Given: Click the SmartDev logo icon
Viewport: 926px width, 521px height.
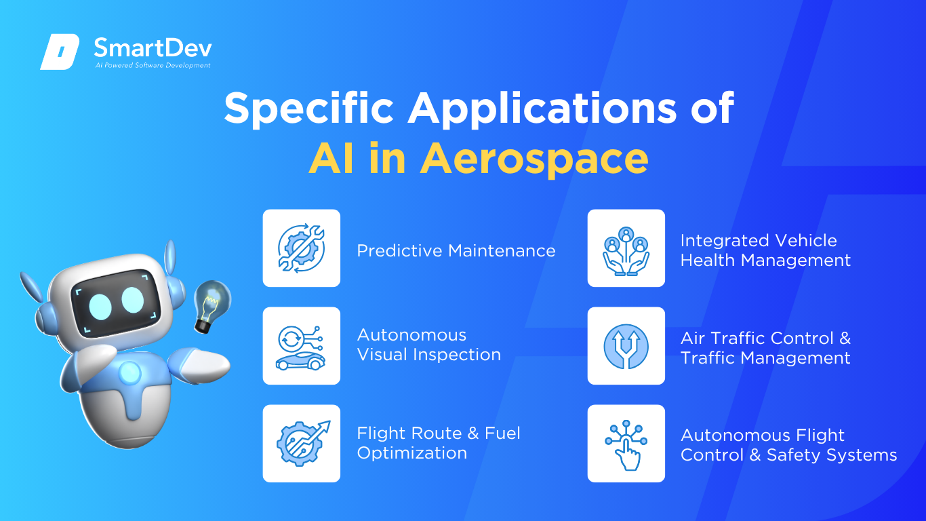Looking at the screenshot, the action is (60, 52).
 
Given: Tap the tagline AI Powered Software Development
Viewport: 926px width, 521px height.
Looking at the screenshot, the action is (153, 65).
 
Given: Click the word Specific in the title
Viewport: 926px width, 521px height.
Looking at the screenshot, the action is (308, 109).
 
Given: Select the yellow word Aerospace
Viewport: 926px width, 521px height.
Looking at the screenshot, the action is (534, 159).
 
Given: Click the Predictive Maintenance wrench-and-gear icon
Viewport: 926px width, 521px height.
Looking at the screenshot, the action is (302, 248).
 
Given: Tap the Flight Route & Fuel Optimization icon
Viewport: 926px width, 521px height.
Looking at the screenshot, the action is (303, 443).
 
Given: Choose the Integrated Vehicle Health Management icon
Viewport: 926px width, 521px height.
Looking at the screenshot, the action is (626, 251).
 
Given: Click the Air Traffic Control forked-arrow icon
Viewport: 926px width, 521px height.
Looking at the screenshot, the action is (626, 346).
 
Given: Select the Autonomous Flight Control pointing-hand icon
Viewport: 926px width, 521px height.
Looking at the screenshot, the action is (626, 445).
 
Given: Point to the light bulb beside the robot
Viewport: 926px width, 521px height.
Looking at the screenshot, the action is (212, 305).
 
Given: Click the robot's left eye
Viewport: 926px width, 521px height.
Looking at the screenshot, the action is (100, 307).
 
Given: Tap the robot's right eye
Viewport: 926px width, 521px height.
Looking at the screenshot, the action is (133, 300).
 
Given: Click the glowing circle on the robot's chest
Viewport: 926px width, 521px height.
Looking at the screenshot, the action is (129, 372).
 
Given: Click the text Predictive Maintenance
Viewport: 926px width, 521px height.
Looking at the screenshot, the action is (456, 251).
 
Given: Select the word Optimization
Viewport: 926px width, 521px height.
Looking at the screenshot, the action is (412, 452).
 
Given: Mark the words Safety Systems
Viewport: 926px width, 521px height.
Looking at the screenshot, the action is (832, 455).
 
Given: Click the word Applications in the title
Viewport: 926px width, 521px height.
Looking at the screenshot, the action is (542, 109).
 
